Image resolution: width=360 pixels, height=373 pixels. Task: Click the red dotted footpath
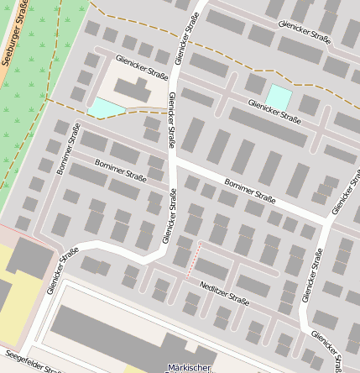[194, 259]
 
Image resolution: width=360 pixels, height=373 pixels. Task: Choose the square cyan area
[279, 96]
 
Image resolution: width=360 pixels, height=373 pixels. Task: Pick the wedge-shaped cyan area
[105, 107]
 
